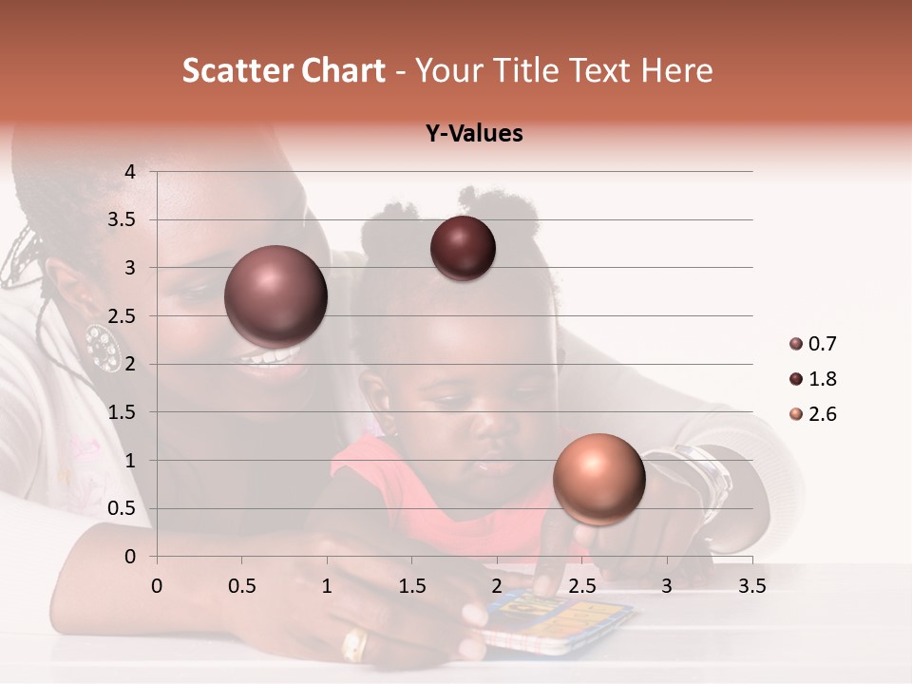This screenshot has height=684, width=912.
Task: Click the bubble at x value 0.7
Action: [276, 296]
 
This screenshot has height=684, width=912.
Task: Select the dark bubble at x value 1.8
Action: [463, 249]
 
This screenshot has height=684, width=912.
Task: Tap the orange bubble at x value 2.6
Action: [598, 479]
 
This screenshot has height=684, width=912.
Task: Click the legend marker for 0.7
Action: [796, 344]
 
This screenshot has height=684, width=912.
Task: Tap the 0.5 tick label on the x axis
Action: [241, 586]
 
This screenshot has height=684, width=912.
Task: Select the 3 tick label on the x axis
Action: [667, 586]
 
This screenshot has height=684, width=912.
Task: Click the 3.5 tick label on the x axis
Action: [751, 586]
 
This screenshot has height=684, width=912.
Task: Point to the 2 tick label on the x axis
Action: [497, 586]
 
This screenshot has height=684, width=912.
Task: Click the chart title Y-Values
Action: [474, 133]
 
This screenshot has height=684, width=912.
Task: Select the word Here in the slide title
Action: [676, 70]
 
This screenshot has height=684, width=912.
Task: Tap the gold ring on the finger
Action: [353, 645]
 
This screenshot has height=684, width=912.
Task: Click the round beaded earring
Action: [102, 346]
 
